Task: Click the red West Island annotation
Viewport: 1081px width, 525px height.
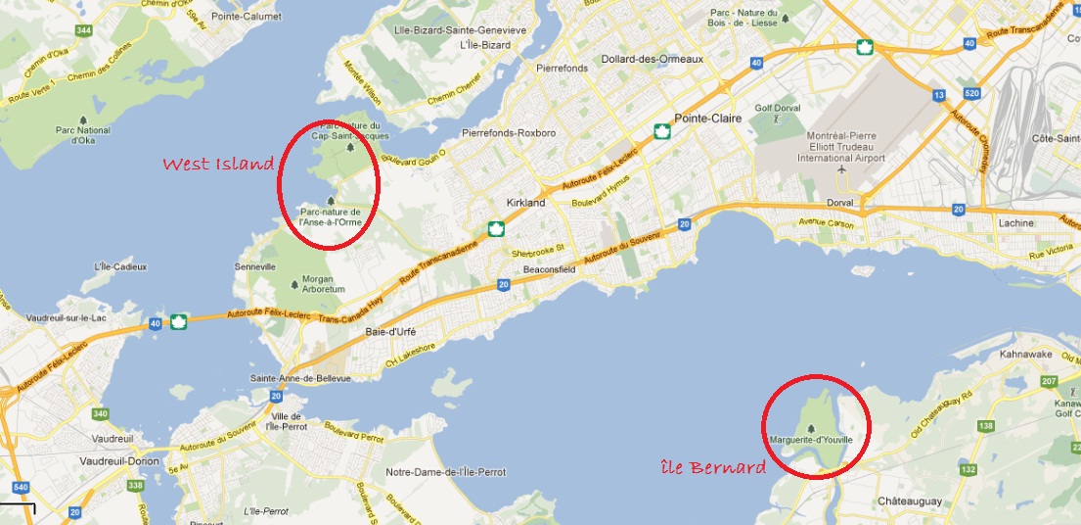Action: (217, 164)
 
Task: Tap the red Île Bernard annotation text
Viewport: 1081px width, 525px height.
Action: (713, 467)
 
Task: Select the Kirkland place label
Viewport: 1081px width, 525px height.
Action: (525, 202)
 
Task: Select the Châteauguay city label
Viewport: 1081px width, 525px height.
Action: (909, 501)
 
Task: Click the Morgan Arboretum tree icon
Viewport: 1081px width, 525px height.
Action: (295, 284)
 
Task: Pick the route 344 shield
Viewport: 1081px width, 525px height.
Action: (84, 30)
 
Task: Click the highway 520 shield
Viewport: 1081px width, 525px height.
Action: (971, 92)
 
